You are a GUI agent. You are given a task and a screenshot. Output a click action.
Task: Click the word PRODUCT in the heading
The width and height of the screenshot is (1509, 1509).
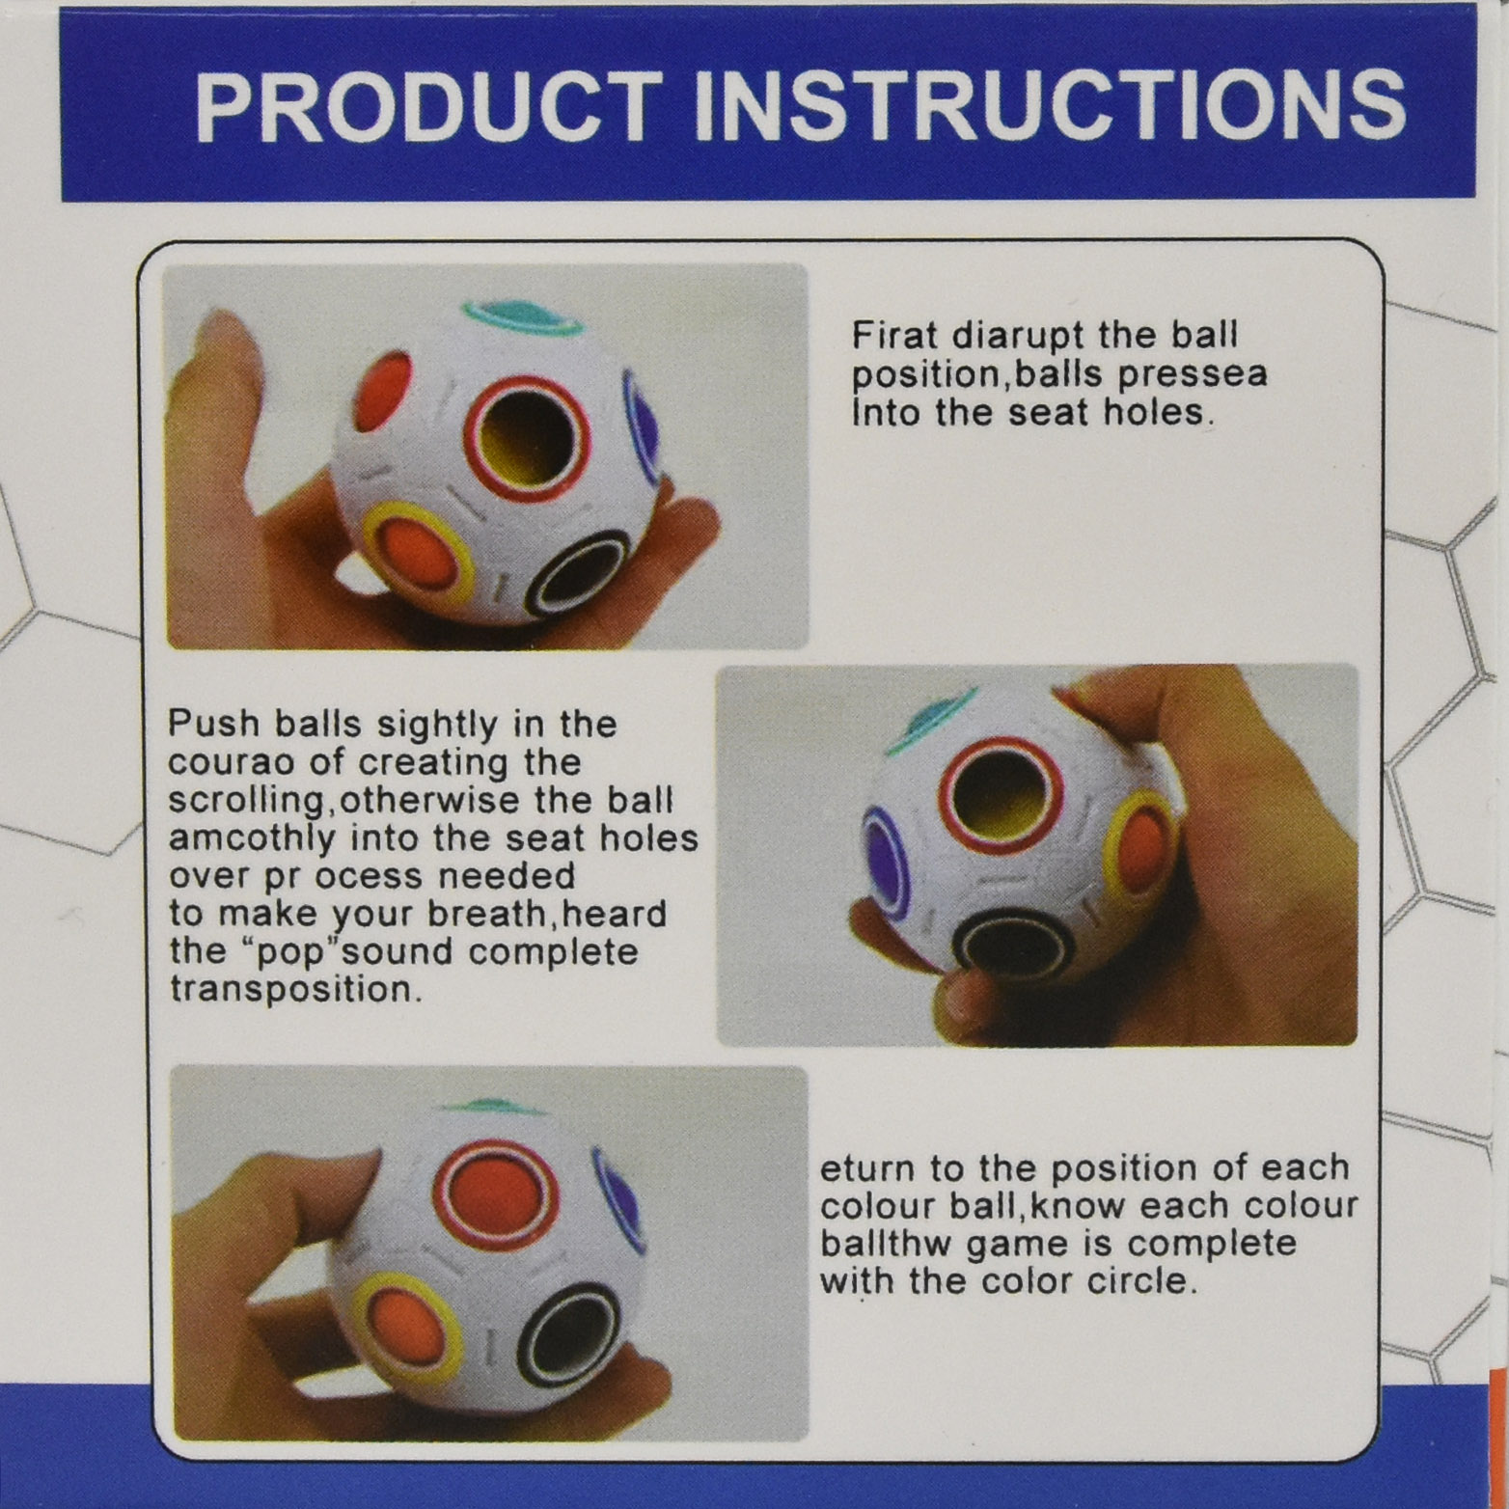click(x=427, y=107)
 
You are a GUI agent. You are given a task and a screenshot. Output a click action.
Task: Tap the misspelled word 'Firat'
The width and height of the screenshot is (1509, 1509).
click(x=894, y=336)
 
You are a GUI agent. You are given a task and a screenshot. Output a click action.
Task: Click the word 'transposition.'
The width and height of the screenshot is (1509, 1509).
click(x=296, y=990)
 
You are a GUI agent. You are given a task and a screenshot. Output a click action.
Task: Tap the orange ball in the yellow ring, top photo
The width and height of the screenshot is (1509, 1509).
click(x=416, y=552)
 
